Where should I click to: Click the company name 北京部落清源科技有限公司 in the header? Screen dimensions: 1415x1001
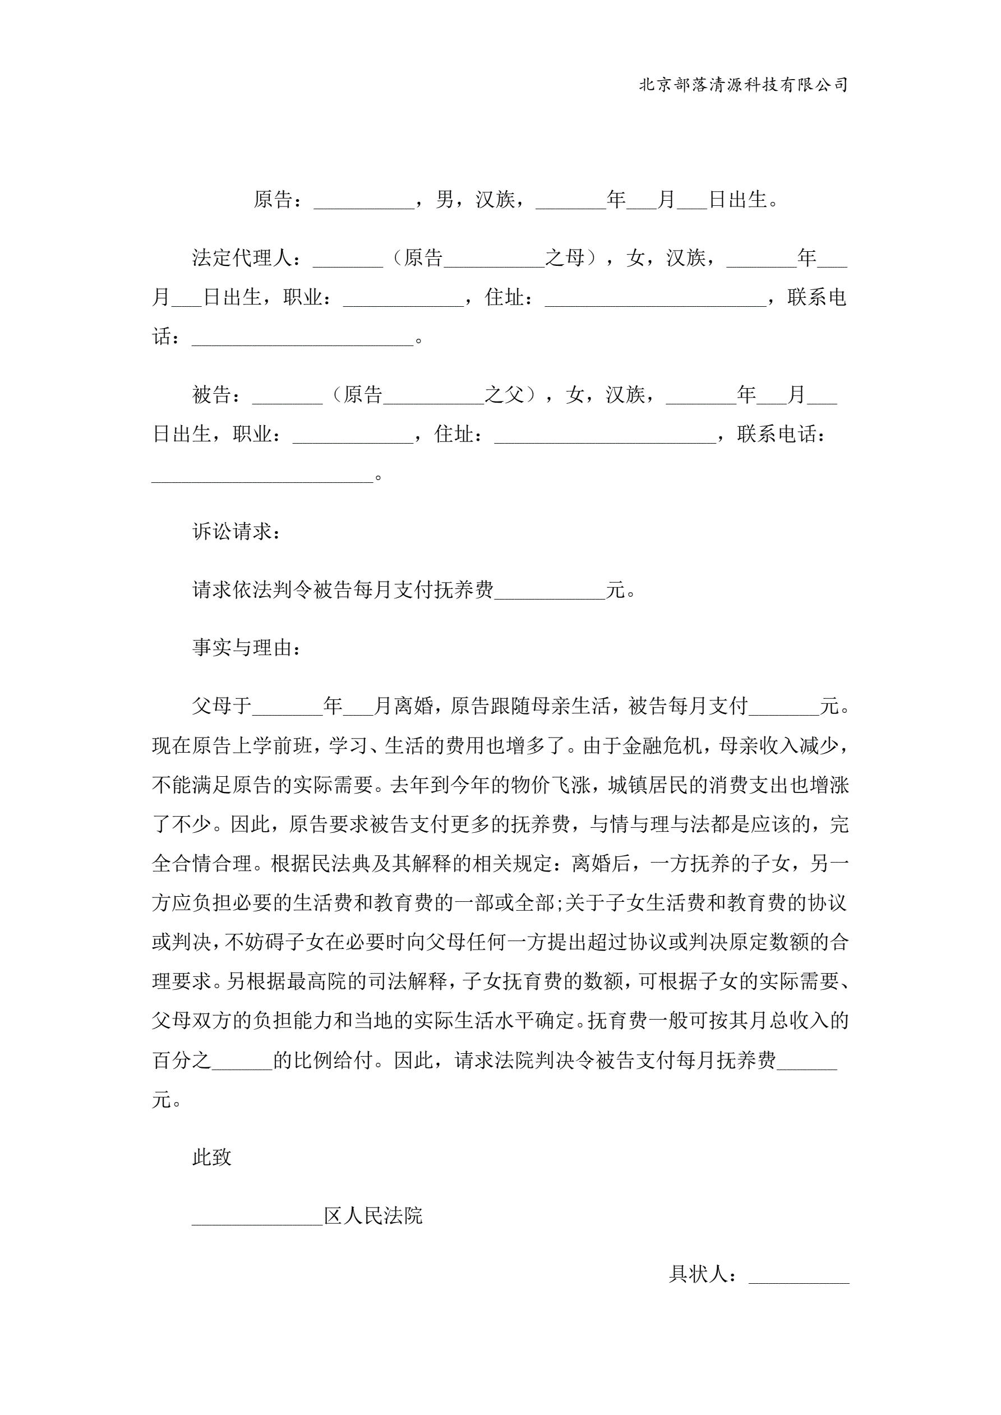pos(744,85)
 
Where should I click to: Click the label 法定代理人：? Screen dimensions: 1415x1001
pos(247,258)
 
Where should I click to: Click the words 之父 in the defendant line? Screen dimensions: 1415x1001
pos(504,395)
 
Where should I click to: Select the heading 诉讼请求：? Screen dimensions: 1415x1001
pos(237,531)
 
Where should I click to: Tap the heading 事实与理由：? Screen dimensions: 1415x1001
pos(247,647)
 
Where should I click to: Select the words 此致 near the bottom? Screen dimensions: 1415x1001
pos(212,1158)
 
